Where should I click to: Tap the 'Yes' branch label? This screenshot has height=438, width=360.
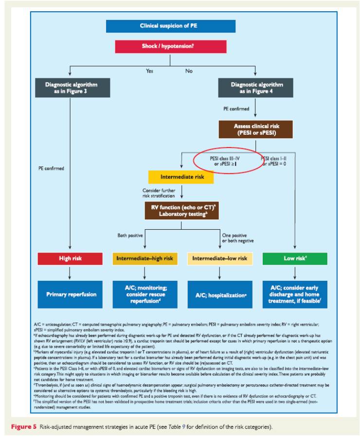(149, 71)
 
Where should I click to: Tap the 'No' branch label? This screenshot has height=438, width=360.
(188, 71)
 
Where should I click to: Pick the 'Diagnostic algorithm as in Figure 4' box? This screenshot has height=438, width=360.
(257, 88)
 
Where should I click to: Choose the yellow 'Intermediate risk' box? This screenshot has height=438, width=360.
(181, 177)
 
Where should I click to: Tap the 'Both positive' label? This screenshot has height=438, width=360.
(129, 235)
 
